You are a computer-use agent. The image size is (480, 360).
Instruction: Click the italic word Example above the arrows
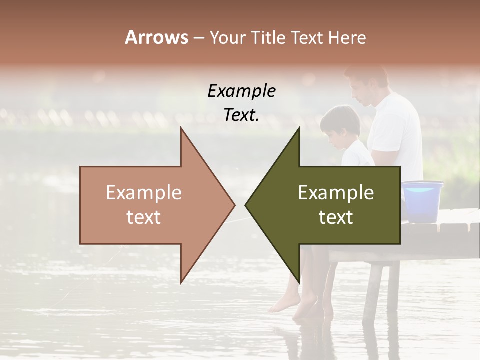241,91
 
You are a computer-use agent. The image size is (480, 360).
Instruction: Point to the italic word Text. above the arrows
241,115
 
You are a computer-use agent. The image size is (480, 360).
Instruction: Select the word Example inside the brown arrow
144,192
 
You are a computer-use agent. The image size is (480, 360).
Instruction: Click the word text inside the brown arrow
144,217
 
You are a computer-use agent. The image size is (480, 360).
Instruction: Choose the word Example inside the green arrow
336,192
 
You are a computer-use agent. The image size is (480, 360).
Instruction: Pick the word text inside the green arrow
336,217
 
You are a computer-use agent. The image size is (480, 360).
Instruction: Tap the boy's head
340,125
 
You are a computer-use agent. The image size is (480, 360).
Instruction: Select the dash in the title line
198,38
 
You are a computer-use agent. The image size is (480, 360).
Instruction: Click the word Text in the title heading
305,38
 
